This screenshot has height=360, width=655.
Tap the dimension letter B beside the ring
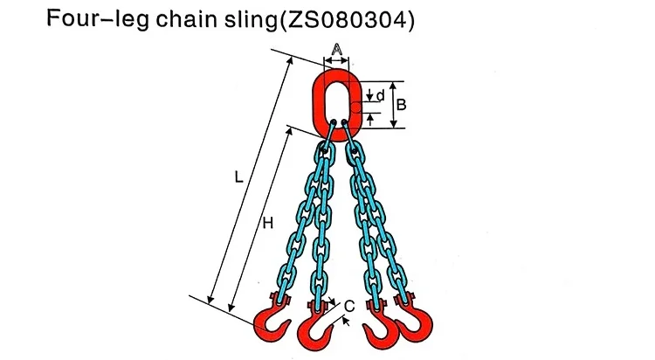click(x=401, y=105)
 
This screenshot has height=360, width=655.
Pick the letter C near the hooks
click(x=348, y=306)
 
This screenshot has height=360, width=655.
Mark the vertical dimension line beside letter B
click(x=392, y=106)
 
